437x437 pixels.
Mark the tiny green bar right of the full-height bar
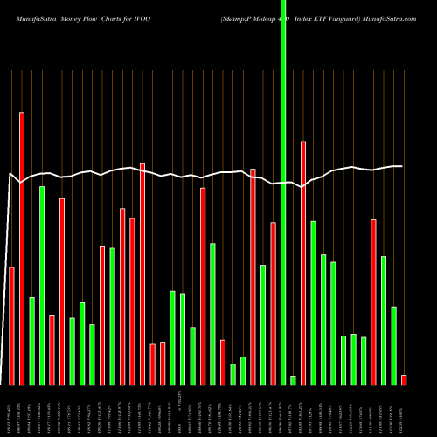click(x=293, y=380)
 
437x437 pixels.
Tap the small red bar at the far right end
click(x=404, y=380)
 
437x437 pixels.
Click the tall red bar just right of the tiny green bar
click(x=303, y=262)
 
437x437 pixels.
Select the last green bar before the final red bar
click(x=393, y=345)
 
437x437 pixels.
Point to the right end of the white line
click(x=401, y=166)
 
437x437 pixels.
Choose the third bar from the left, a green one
click(x=31, y=341)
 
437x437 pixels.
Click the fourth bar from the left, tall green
click(x=42, y=285)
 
